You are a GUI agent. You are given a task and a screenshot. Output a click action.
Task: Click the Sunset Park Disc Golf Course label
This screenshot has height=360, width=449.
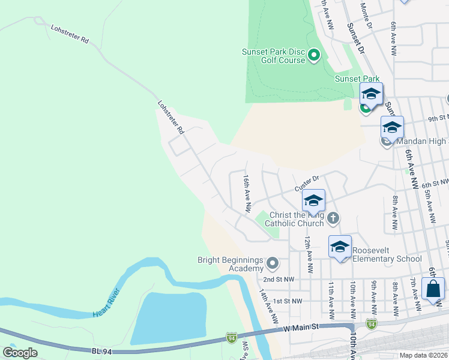tap(273, 56)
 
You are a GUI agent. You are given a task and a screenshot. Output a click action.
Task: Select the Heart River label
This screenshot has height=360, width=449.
tap(107, 303)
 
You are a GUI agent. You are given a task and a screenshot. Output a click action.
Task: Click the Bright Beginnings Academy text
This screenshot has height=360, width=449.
tap(231, 264)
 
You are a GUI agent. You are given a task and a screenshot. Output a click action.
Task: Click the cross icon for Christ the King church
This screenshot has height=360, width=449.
tap(334, 220)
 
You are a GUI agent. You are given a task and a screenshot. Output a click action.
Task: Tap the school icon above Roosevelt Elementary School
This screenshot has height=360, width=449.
tap(340, 247)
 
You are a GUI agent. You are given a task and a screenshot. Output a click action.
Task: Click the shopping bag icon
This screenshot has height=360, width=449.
tap(433, 289)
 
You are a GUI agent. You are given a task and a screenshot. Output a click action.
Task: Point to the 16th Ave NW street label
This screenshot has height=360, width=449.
tap(246, 193)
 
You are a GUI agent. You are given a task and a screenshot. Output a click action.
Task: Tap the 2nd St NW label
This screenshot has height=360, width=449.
tap(279, 280)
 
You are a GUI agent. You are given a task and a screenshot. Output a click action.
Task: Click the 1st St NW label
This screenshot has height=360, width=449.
tap(286, 301)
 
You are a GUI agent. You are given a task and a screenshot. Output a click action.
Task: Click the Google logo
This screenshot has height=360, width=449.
tap(20, 353)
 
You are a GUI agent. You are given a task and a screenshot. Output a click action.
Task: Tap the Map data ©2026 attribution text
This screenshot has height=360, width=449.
tap(424, 355)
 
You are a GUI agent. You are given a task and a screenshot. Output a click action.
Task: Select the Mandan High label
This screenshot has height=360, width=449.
tap(421, 142)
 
